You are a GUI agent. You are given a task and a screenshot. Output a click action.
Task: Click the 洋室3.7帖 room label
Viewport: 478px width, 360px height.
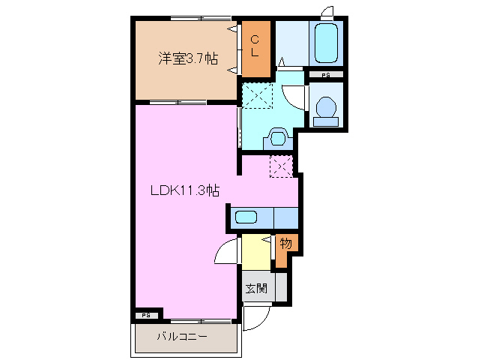pos(187,58)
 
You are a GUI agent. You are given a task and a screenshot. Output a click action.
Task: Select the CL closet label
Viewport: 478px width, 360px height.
pos(255,46)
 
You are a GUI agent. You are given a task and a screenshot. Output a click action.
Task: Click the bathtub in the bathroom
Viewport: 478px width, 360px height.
pos(326,43)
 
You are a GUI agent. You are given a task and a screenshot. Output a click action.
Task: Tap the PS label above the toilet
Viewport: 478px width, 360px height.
pos(326,76)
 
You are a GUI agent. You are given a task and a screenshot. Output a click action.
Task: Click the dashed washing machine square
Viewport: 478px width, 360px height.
pos(257,97)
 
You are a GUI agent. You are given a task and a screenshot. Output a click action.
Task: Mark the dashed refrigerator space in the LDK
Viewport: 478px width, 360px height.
pos(282,166)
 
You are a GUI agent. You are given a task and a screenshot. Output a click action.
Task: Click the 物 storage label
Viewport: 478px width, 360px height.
pos(285,243)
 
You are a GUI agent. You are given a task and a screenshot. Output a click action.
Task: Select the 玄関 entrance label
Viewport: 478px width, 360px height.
pos(255,288)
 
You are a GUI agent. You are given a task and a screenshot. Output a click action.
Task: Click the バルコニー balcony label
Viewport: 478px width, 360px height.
pos(182,337)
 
